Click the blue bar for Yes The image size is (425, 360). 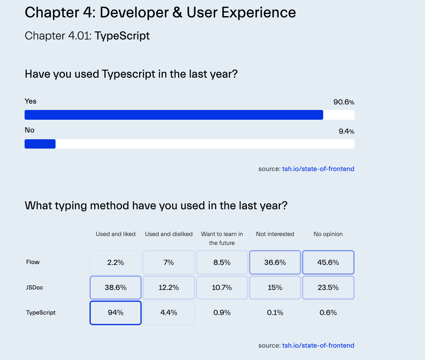coord(174,115)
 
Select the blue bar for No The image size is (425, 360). coord(40,144)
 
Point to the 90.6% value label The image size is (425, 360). coord(344,102)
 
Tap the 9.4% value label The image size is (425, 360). coord(346,132)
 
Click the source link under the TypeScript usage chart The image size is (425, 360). coord(318,169)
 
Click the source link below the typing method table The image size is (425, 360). coord(318,346)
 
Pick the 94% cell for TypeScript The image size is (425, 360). coord(115,313)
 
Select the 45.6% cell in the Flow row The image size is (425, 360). coord(328,262)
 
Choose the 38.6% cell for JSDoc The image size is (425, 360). coord(115,287)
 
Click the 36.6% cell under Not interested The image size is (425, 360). coord(275,262)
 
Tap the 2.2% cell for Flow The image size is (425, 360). coord(115,262)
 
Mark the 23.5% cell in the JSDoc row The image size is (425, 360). coord(328,287)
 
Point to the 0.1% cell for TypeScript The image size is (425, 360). coord(275,313)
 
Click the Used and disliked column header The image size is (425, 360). coord(169,234)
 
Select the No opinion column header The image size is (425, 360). coord(328,234)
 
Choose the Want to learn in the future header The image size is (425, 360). coord(222,239)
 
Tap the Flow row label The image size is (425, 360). coord(33,262)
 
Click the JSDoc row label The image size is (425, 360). coord(34,287)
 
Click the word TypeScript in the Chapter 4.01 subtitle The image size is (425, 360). coord(122,36)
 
